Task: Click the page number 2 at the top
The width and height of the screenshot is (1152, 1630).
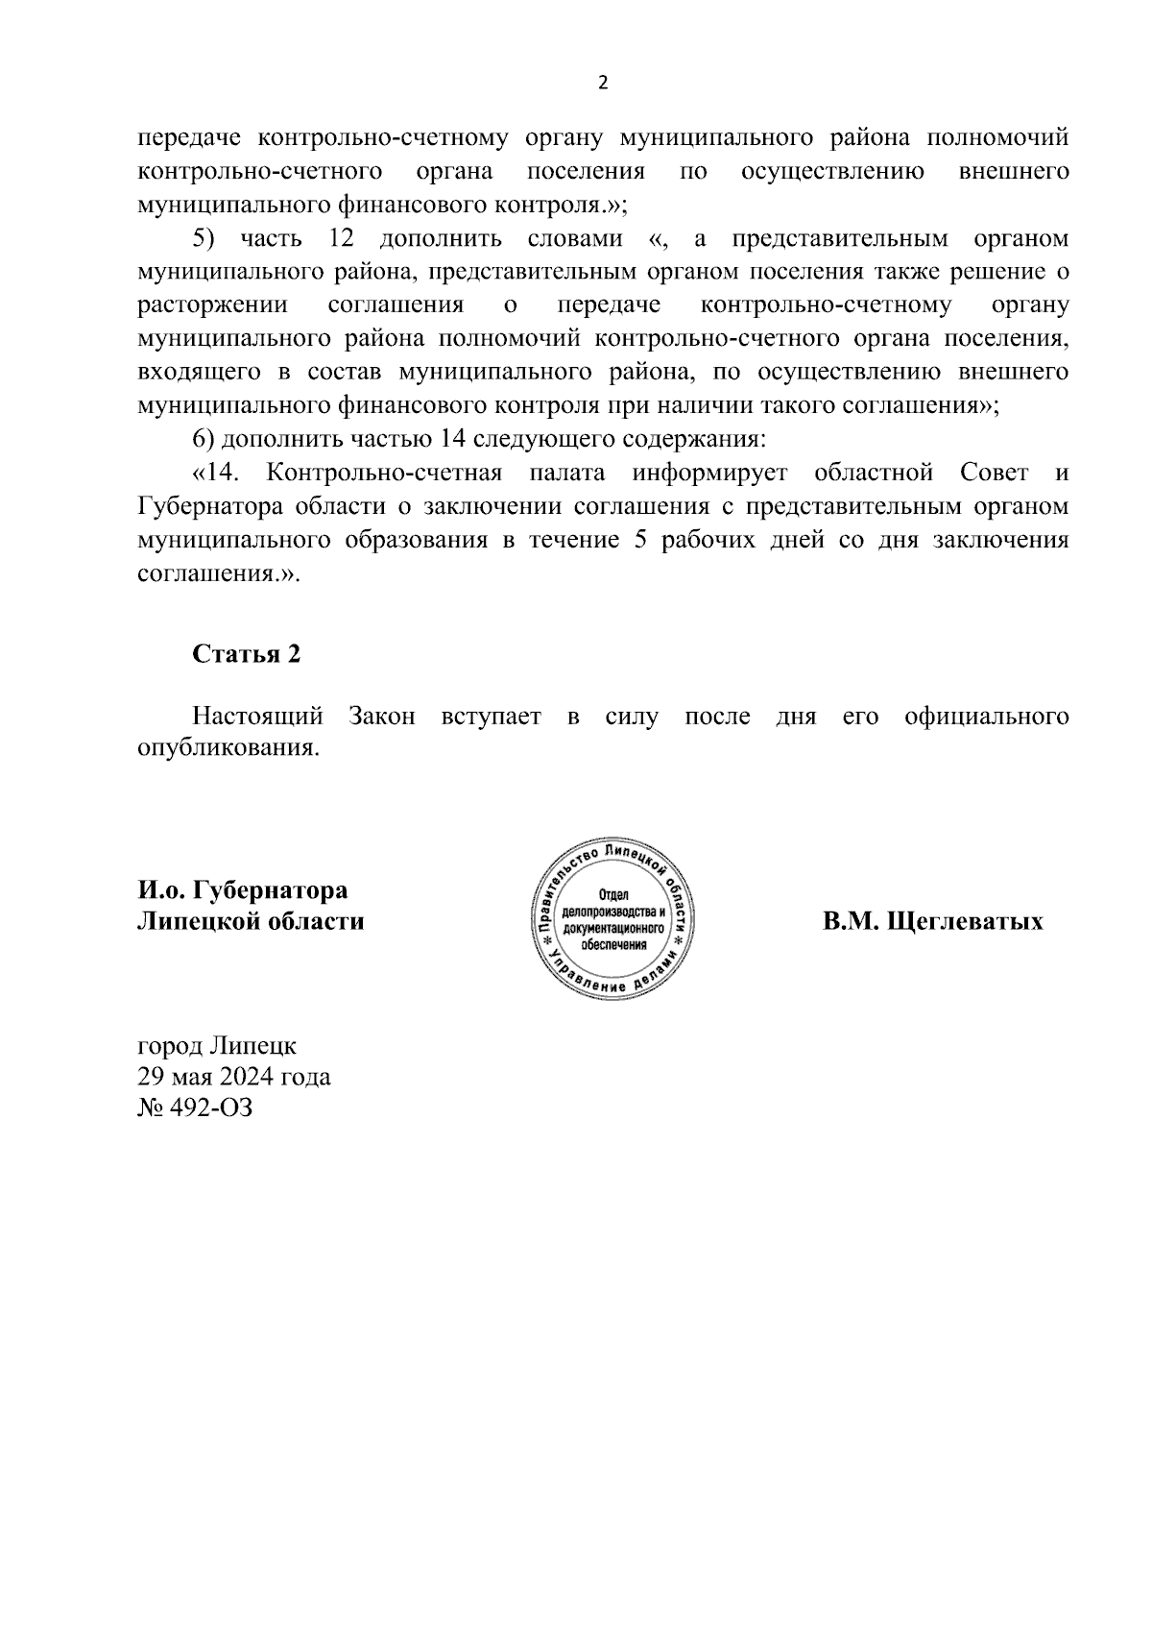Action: (x=603, y=84)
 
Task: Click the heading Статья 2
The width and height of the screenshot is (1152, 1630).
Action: (x=247, y=654)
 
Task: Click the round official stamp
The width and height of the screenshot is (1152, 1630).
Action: (x=613, y=919)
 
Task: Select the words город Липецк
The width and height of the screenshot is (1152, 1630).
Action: (x=218, y=1044)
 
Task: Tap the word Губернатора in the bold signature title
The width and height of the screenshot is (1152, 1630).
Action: (x=271, y=890)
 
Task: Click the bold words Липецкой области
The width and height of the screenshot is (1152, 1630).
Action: (x=252, y=921)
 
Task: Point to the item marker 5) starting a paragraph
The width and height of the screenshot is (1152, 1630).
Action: (x=207, y=238)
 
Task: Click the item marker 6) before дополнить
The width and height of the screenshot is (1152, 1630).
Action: (x=207, y=439)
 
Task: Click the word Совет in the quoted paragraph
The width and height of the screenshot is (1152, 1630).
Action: (x=994, y=473)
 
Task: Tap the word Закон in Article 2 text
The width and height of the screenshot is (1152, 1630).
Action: (x=382, y=717)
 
